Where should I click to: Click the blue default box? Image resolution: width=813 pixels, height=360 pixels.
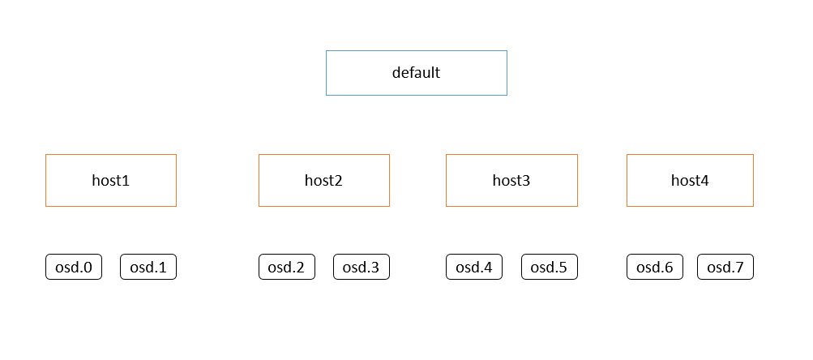[417, 73]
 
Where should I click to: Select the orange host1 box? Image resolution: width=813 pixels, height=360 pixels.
[111, 180]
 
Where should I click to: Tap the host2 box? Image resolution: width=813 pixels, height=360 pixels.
[324, 180]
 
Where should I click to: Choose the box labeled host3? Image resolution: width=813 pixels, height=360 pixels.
[511, 180]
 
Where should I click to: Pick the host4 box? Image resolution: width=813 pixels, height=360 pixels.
[690, 180]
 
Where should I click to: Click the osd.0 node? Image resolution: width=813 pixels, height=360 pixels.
[74, 267]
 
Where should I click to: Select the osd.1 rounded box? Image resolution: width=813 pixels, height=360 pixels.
[148, 267]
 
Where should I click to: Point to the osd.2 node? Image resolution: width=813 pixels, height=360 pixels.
[287, 267]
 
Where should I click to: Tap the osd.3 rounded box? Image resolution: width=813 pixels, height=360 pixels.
[362, 267]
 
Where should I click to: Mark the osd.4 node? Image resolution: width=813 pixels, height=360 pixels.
[474, 267]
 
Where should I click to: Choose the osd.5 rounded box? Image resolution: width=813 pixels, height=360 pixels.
[549, 267]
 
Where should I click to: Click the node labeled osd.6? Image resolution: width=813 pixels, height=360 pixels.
[655, 267]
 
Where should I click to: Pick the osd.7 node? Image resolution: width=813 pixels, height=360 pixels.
[725, 267]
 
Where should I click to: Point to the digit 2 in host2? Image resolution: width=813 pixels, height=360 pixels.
[339, 181]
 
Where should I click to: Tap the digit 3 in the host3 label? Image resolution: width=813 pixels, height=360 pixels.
[526, 181]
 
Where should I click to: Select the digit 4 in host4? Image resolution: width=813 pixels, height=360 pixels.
[704, 181]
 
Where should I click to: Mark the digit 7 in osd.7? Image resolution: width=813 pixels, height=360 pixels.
[739, 268]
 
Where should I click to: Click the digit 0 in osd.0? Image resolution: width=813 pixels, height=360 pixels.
[88, 268]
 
